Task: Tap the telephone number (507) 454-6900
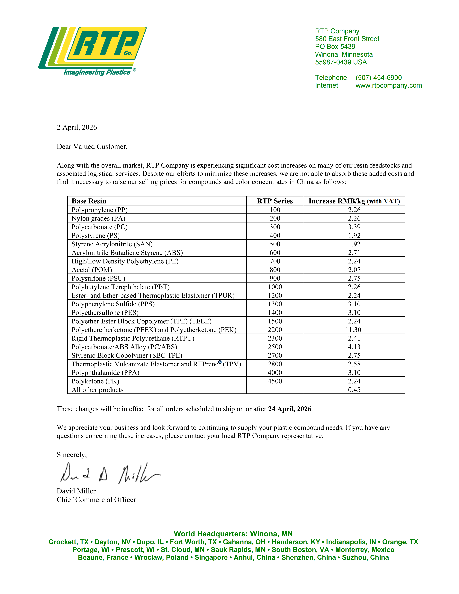click(x=379, y=78)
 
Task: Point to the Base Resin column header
click(x=89, y=201)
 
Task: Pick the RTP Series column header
click(x=275, y=201)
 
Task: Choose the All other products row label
click(x=97, y=390)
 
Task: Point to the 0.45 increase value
click(x=354, y=390)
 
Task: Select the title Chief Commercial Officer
click(x=96, y=500)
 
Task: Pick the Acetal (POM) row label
click(x=92, y=270)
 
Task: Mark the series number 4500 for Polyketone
click(x=275, y=381)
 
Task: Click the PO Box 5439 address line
click(x=335, y=47)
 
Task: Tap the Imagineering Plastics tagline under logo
click(x=97, y=72)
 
